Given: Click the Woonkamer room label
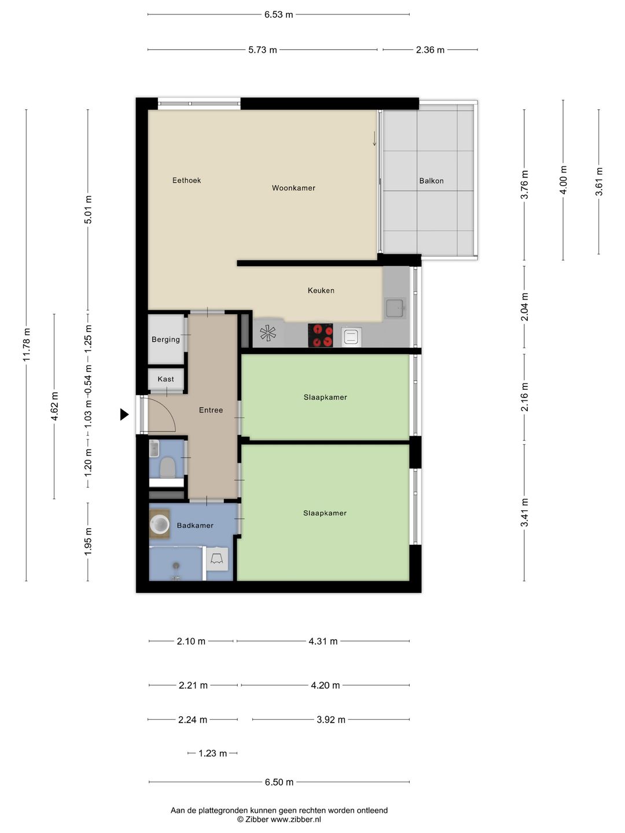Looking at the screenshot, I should (x=293, y=188).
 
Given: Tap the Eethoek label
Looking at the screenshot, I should (x=186, y=180).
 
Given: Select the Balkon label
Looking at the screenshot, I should (x=431, y=181).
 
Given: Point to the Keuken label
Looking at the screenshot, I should (x=321, y=290).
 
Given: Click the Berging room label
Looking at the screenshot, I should (x=166, y=340).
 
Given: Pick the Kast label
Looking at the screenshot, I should (x=166, y=379).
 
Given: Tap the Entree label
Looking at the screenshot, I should (x=211, y=410).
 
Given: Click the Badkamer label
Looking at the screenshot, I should (x=195, y=525).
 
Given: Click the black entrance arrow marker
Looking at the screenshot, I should (x=124, y=414).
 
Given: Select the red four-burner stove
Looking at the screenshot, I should (x=320, y=335).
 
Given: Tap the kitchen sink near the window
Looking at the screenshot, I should (x=395, y=308).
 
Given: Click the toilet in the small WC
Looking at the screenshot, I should (x=167, y=467).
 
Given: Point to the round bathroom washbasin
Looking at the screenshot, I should (x=159, y=524).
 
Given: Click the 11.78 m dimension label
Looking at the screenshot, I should (x=27, y=345).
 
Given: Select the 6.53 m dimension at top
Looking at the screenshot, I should (x=278, y=14).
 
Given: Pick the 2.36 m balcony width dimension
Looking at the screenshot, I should (x=430, y=50).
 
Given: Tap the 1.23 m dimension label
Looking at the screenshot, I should (x=212, y=753).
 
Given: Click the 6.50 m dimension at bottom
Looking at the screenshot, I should (x=279, y=782).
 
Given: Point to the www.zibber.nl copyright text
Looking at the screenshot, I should (x=279, y=819).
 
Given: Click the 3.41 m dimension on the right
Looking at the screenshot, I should (x=524, y=513).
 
